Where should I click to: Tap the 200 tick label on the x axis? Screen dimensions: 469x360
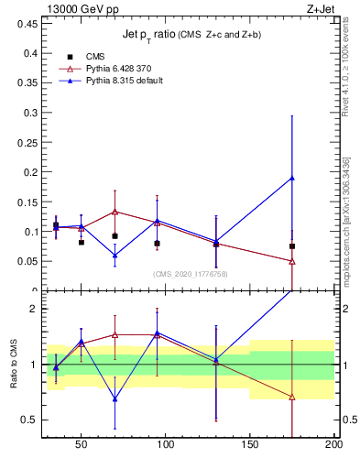(x=333, y=444)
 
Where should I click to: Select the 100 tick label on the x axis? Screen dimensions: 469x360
(x=166, y=444)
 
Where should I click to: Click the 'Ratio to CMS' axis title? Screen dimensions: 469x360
(x=13, y=364)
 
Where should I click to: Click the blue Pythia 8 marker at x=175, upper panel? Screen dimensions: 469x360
(x=292, y=178)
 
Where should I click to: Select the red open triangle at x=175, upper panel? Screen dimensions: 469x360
(x=292, y=261)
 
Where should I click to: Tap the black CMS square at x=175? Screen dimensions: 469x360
(x=292, y=246)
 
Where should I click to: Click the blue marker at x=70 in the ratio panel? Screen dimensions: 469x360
(x=115, y=398)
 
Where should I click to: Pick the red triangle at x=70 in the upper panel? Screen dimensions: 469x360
(x=115, y=212)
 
